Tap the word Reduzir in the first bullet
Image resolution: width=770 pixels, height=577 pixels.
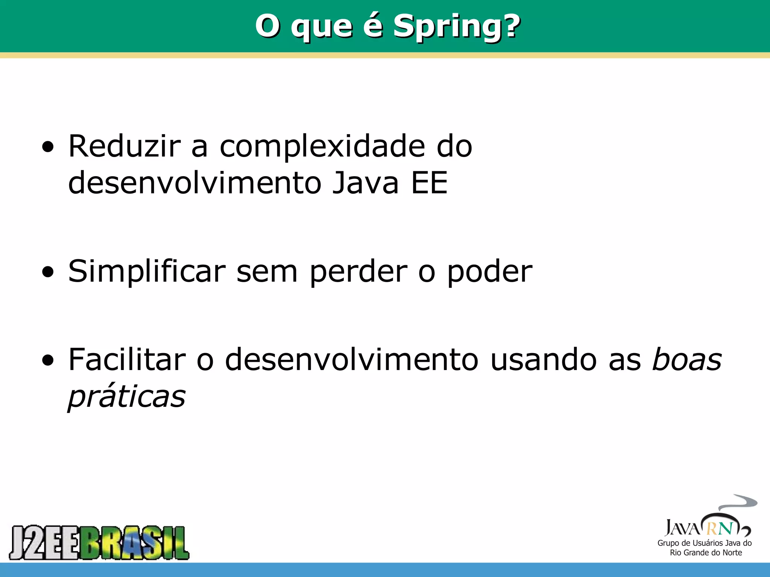pos(124,146)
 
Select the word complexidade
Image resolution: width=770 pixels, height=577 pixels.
pos(322,147)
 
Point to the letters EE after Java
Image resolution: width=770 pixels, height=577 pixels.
pos(429,183)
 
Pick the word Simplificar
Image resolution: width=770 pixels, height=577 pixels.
pos(147,272)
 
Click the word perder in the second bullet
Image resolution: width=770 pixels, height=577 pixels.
pos(358,272)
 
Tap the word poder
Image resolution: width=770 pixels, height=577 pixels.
pos(490,272)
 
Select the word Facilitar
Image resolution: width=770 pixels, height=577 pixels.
pos(127,359)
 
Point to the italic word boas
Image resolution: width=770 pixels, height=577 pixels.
pos(687,359)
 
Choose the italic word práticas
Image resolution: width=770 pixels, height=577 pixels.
pos(127,397)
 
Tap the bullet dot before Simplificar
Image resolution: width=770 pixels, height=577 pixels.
pos(48,272)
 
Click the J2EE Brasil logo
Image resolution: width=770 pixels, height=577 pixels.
pos(99,542)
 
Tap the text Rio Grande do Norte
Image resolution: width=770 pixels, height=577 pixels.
pos(706,553)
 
